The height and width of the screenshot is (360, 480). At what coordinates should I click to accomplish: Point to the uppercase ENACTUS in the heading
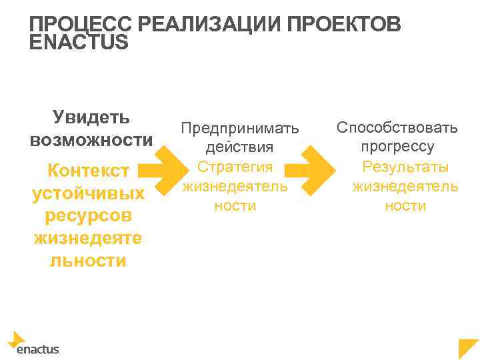(x=79, y=42)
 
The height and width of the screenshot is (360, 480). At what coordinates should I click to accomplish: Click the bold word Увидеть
(x=91, y=117)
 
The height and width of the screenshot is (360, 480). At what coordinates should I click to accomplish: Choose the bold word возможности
(x=91, y=141)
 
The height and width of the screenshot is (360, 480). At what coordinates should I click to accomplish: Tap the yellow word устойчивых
(x=89, y=193)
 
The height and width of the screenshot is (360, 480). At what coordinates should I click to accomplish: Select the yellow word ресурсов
(x=89, y=216)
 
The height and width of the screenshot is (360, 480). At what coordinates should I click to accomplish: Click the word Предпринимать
(x=241, y=127)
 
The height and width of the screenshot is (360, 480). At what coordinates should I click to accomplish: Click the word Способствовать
(x=397, y=127)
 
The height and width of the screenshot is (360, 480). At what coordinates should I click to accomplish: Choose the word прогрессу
(x=397, y=146)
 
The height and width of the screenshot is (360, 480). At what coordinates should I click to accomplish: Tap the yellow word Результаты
(x=405, y=167)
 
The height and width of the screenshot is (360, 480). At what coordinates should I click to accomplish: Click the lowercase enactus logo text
(x=37, y=348)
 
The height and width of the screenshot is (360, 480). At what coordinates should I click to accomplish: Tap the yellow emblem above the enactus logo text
(x=16, y=339)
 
